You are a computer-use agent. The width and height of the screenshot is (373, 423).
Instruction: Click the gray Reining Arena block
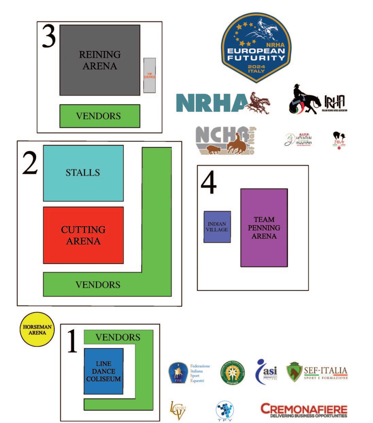100,60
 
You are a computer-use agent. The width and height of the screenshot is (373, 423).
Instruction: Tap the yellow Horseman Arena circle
37,330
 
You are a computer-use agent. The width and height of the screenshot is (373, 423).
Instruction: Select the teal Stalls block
83,173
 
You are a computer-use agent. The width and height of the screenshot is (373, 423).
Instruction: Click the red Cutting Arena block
83,235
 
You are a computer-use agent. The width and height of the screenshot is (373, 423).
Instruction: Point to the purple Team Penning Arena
264,228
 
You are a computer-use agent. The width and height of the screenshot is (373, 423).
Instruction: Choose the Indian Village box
217,227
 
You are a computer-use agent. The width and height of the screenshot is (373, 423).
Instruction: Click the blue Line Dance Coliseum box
103,371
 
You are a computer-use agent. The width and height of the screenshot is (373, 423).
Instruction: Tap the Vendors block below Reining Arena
100,116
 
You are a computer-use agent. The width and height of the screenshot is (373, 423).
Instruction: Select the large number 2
30,162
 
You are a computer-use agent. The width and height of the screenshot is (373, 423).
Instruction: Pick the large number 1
72,342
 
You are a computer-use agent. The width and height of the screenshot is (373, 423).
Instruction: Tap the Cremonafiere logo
304,410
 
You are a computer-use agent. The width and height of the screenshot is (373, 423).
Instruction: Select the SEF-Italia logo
317,372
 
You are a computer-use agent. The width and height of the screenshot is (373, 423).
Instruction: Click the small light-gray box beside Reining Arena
149,75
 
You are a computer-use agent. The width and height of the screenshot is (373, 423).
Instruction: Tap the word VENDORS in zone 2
98,284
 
